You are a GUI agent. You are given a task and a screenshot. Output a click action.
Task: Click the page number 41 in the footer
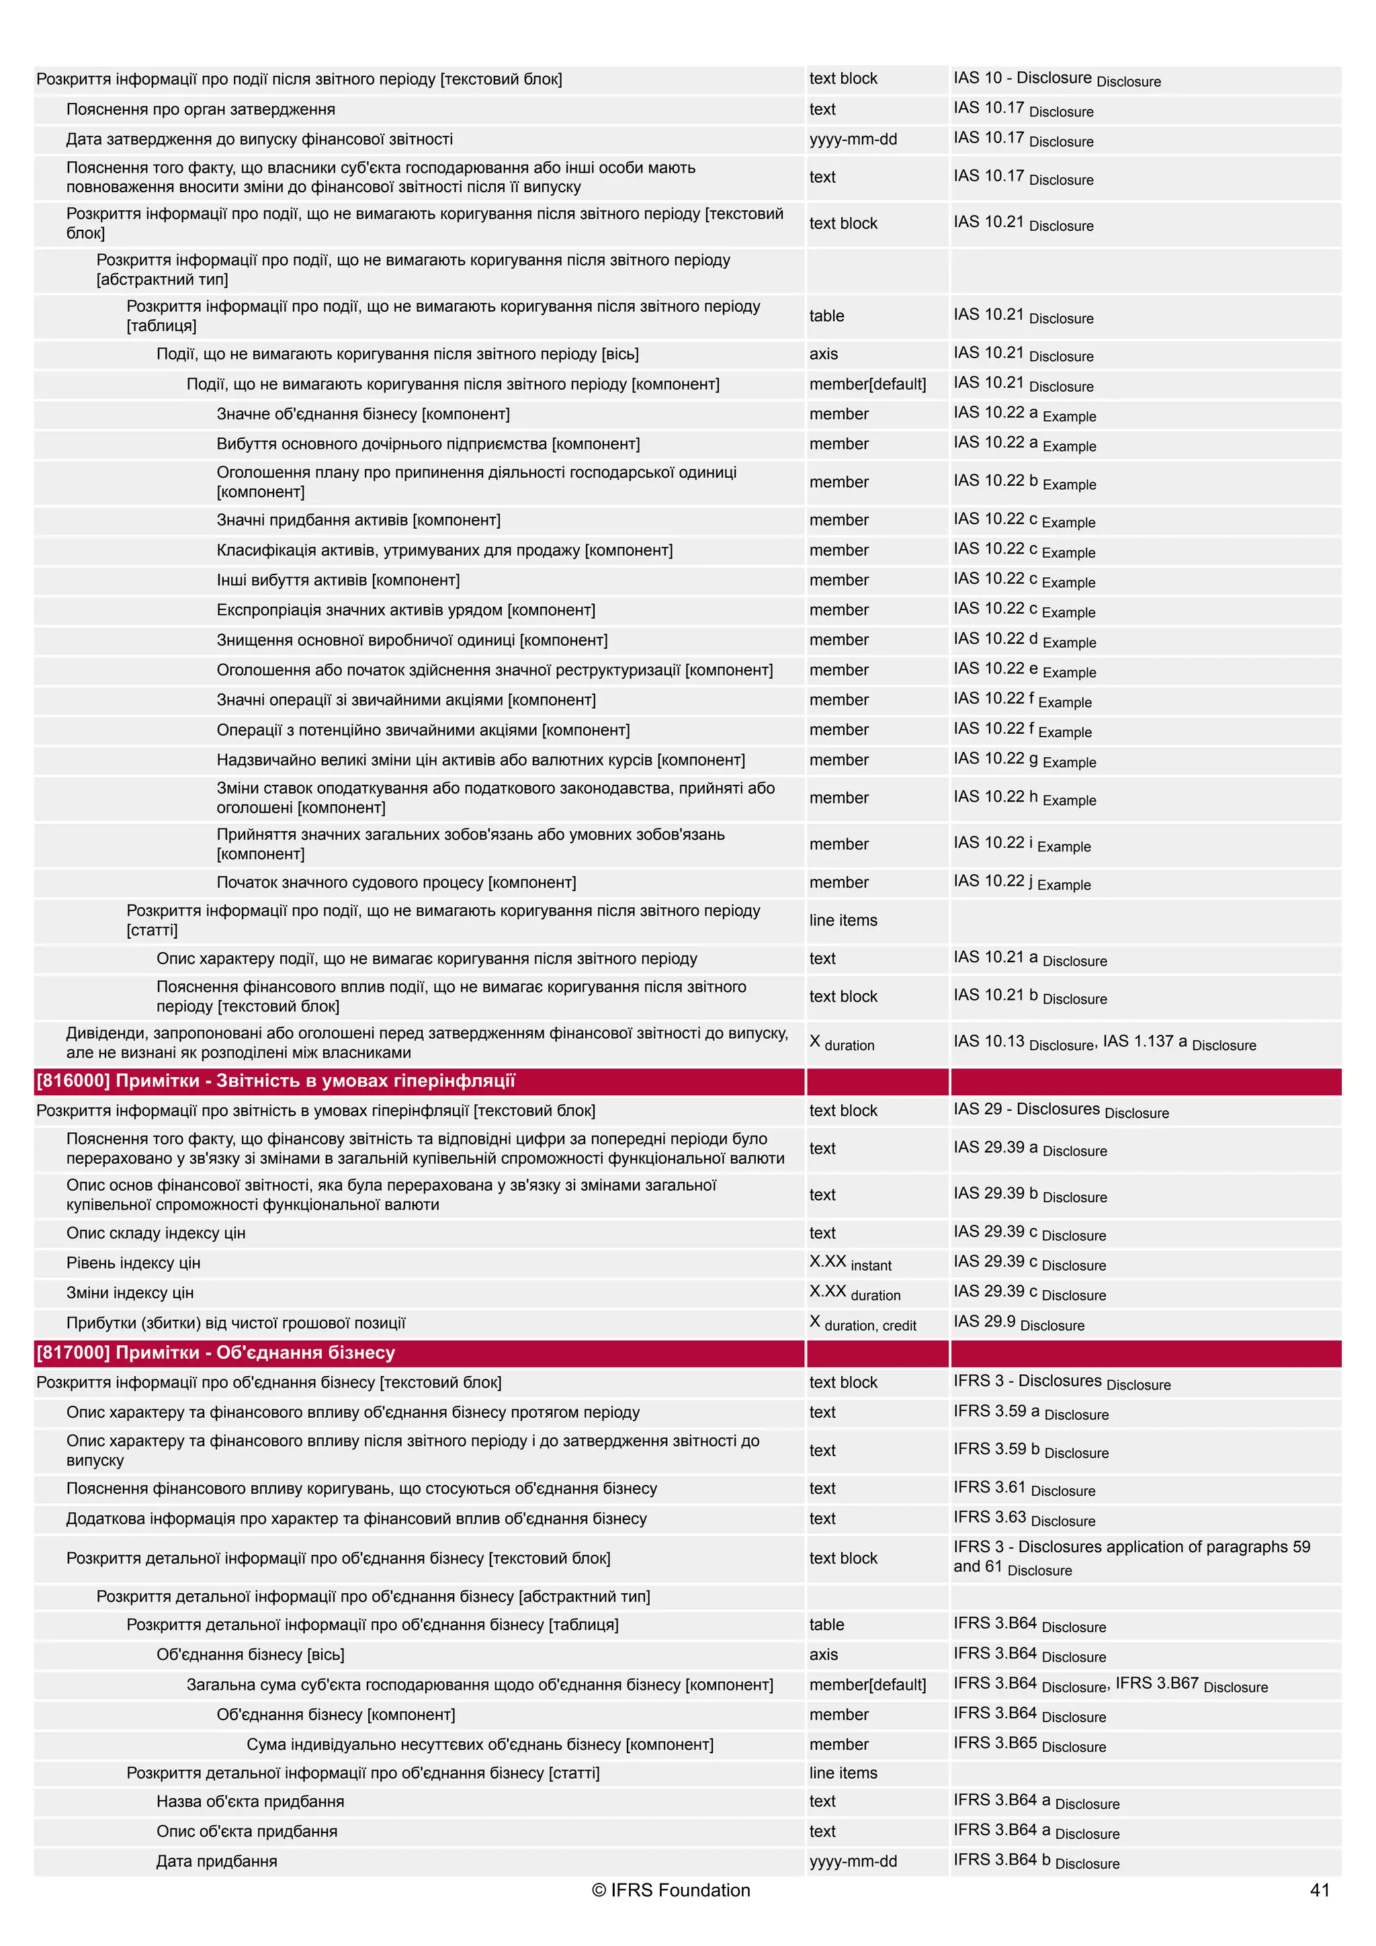1320,1890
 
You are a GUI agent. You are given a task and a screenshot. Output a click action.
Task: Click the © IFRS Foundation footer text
671,1890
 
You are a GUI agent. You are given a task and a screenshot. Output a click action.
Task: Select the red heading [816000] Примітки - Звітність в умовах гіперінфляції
275,1081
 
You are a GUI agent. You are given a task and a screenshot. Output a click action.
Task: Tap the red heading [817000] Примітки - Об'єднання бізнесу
216,1353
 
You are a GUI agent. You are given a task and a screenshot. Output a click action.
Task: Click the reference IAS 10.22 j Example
1021,882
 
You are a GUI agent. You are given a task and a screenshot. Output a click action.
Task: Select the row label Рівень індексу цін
133,1263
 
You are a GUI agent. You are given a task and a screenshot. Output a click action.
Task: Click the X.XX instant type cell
850,1263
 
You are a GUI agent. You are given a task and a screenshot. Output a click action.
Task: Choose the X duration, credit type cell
862,1323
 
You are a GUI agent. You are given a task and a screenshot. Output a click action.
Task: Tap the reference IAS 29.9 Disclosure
1018,1323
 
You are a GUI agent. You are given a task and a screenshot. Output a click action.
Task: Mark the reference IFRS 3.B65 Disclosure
1029,1744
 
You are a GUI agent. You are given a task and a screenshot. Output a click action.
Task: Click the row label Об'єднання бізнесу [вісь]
250,1654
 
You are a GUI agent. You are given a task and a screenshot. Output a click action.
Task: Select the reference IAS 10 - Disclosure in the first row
1056,79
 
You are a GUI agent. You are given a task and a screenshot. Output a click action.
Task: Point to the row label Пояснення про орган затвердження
201,110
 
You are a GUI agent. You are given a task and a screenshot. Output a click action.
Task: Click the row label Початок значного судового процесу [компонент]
396,882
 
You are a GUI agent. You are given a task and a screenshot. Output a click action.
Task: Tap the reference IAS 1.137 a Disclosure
1178,1042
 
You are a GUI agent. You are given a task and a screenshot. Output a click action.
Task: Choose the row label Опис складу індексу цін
156,1233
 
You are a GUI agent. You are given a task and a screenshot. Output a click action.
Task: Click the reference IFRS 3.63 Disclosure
1023,1519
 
